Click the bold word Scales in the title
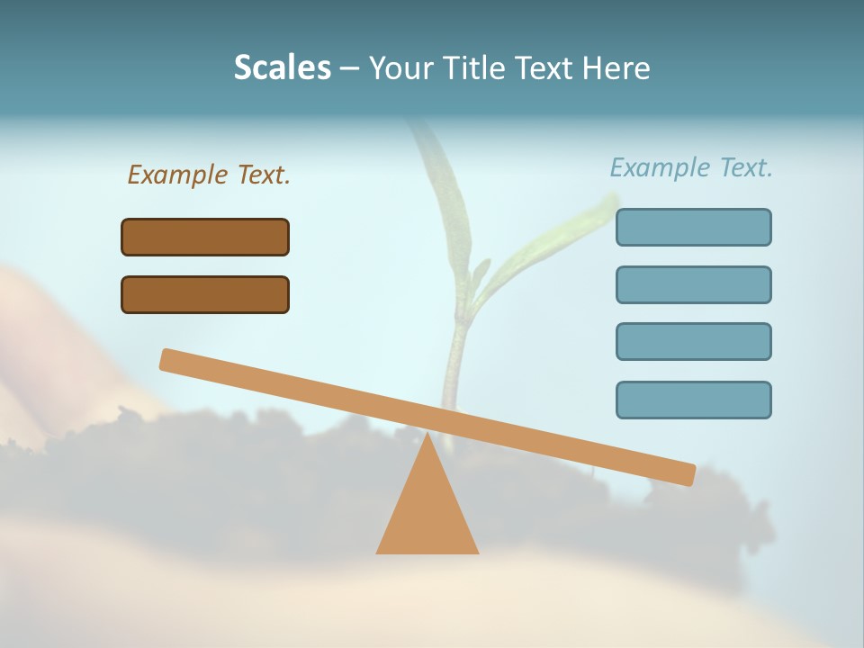tap(283, 67)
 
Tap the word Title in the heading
tap(476, 67)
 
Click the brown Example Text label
tap(209, 175)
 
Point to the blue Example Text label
tap(691, 167)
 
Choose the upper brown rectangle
tap(205, 237)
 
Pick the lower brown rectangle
tap(205, 294)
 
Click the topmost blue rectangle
tap(693, 227)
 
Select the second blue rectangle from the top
tap(693, 284)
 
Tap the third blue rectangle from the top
tap(693, 341)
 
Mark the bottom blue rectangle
tap(693, 400)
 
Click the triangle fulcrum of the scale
tap(427, 513)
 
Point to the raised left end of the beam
tap(171, 360)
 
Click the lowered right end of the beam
tap(684, 473)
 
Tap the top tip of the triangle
tap(427, 436)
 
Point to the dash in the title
tap(349, 68)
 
